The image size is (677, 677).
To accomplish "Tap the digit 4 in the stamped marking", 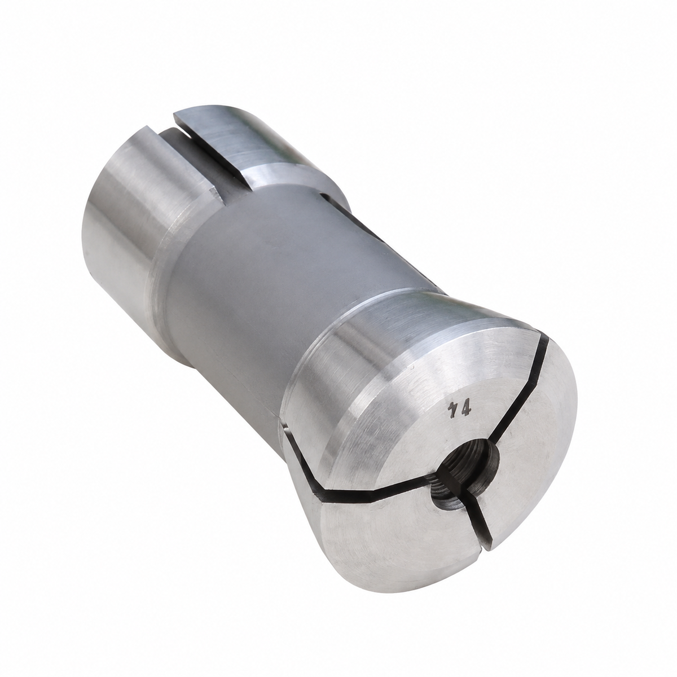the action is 464,410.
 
